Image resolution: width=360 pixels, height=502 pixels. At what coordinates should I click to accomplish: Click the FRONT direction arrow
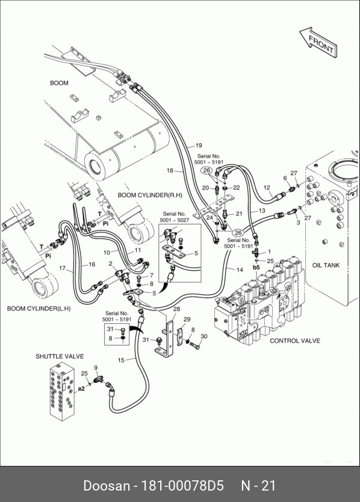coord(318,42)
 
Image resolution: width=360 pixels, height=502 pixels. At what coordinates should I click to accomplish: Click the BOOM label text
coord(59,83)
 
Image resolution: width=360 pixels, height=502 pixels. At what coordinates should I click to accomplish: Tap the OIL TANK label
coord(326,265)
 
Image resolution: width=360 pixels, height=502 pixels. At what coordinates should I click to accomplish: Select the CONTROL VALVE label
coord(294,341)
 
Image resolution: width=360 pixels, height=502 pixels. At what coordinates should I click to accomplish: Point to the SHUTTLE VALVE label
coord(60,356)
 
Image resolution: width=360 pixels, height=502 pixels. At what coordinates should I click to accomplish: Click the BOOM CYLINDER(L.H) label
coord(39,309)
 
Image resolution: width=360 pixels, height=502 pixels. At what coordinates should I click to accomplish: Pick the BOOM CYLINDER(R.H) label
coord(150,195)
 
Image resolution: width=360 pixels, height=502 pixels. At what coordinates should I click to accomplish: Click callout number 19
coord(199,145)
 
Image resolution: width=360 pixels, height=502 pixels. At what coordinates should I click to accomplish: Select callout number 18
coord(170,170)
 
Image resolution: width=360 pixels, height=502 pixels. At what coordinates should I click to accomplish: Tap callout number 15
coord(121,360)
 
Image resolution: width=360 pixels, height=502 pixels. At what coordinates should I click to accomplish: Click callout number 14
coord(240,270)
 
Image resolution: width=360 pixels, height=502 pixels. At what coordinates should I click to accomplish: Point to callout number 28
coord(176,309)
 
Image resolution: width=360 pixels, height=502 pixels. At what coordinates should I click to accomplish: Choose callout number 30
coord(203,336)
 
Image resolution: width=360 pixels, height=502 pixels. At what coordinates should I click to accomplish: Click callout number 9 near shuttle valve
coord(96,368)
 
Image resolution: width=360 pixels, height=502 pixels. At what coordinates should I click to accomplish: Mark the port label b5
coord(256,267)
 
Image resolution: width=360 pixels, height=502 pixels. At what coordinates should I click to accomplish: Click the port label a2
coord(81,388)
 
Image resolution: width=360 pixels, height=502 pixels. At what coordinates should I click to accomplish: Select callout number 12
coord(267,188)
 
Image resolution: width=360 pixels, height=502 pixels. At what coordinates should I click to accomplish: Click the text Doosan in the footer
coord(107,485)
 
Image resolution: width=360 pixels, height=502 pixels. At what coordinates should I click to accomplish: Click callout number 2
coord(111,264)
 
